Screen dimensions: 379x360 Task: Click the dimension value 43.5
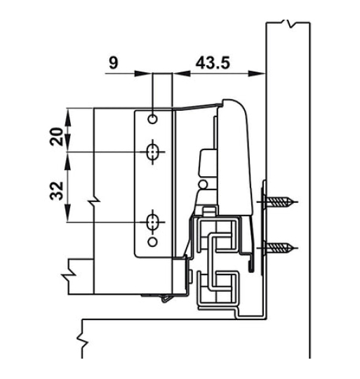coord(213,62)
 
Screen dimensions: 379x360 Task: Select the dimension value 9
coord(114,62)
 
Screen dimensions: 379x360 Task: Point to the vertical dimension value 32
coord(57,189)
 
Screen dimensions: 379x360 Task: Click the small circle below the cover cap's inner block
coord(204,185)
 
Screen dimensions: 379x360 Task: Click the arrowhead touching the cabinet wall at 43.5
coord(260,72)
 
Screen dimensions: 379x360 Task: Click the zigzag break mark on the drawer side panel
coord(93,204)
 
